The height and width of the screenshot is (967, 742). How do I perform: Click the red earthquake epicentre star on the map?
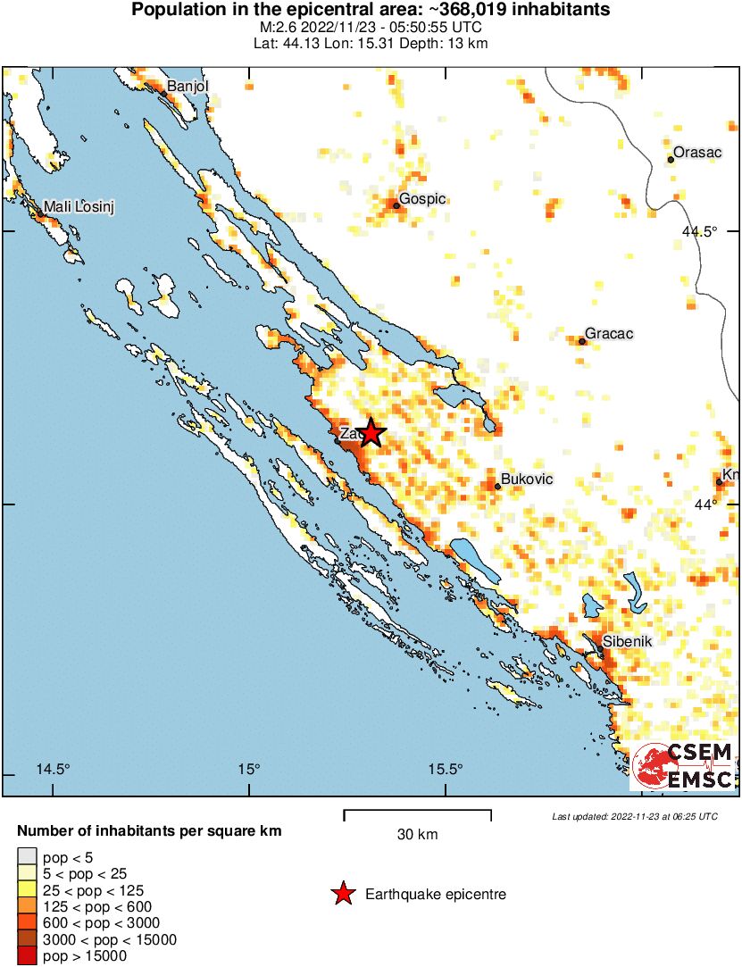click(x=371, y=433)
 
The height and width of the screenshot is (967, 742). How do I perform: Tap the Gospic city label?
click(x=422, y=199)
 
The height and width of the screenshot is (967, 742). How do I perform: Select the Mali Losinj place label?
click(x=80, y=207)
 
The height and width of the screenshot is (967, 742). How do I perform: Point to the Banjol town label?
click(x=188, y=87)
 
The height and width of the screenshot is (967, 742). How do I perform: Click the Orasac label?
click(x=697, y=153)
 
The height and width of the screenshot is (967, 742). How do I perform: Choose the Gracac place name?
click(x=609, y=334)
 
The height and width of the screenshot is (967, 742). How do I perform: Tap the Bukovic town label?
click(x=527, y=479)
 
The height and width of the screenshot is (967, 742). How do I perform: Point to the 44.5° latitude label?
click(x=699, y=232)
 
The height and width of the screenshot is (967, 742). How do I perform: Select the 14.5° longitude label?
click(x=53, y=770)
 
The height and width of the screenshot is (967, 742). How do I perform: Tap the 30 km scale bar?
click(x=417, y=814)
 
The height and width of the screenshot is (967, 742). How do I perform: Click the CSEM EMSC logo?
click(x=683, y=766)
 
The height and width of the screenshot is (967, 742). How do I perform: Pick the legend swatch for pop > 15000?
click(x=28, y=956)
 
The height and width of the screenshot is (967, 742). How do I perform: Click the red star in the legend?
click(x=342, y=894)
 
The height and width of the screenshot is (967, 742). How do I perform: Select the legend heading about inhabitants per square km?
click(x=149, y=830)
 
